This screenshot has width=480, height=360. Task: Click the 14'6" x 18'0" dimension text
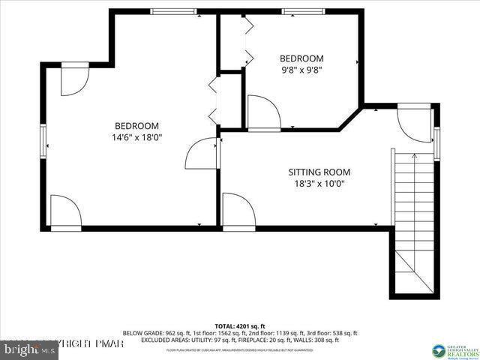click(136, 137)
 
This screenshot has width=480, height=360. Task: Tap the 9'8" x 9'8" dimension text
click(301, 70)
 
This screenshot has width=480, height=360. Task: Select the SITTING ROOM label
click(319, 172)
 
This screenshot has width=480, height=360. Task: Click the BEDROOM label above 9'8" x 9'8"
click(301, 58)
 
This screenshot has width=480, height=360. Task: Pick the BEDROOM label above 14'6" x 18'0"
click(136, 125)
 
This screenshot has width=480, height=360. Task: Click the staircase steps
click(413, 217)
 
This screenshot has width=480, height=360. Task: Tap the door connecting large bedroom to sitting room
click(202, 154)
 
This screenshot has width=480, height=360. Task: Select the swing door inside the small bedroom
click(262, 112)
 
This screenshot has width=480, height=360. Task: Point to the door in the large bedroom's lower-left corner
click(65, 211)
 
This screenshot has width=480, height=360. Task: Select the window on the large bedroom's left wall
click(43, 139)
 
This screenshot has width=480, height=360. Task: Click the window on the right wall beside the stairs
click(436, 139)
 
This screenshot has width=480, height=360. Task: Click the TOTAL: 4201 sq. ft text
click(240, 325)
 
